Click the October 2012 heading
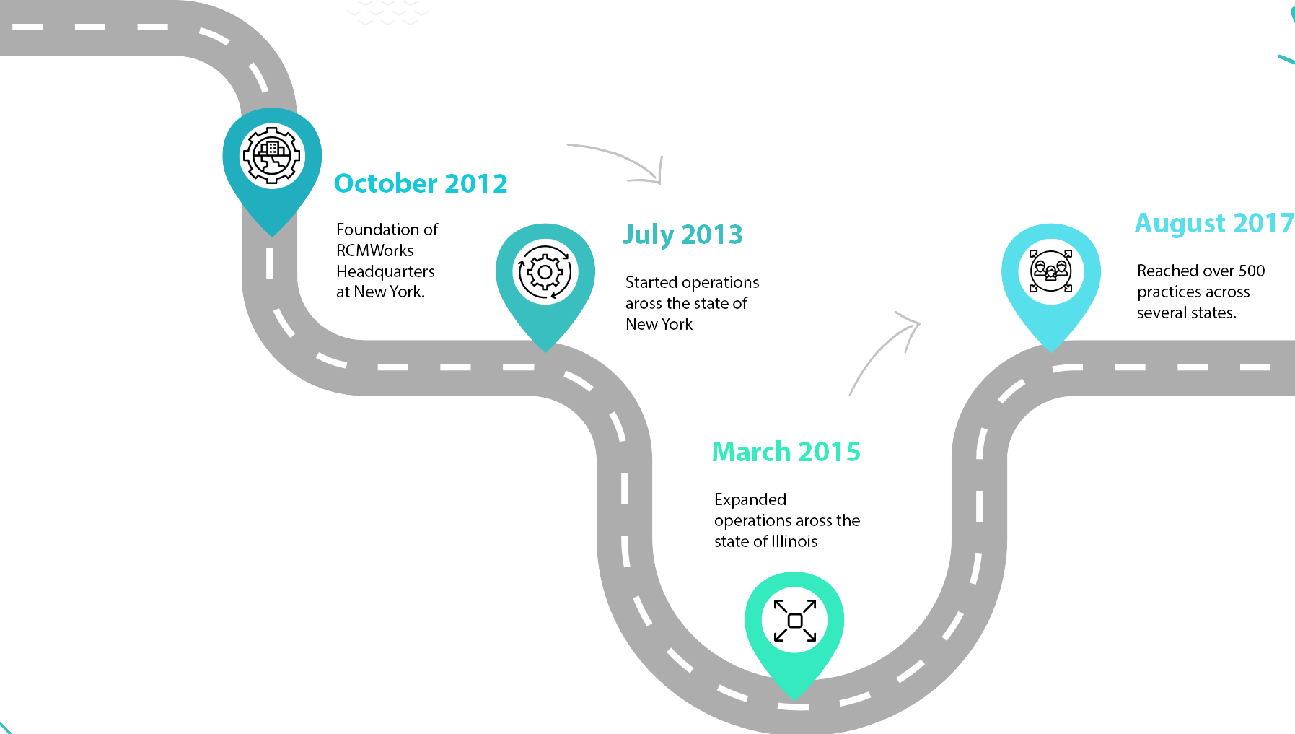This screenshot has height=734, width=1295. coord(421,183)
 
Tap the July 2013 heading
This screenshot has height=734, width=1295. coord(682,235)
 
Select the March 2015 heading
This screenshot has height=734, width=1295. coord(786,452)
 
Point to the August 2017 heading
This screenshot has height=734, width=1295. coord(1213,223)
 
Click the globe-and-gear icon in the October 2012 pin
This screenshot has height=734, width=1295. coord(272,156)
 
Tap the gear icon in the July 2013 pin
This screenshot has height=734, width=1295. coord(545,272)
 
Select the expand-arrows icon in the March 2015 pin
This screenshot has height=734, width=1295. coord(794,621)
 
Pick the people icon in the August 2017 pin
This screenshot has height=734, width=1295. coord(1050,271)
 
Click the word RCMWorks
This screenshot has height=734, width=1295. coord(374,250)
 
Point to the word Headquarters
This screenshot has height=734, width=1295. coord(385,271)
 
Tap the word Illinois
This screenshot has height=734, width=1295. coord(794,541)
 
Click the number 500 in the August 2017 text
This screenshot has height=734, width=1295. coord(1251,271)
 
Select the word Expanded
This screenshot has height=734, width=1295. coord(750,499)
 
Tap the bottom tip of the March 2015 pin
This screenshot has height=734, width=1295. coord(794,697)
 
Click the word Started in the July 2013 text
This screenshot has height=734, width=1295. coord(651,282)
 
